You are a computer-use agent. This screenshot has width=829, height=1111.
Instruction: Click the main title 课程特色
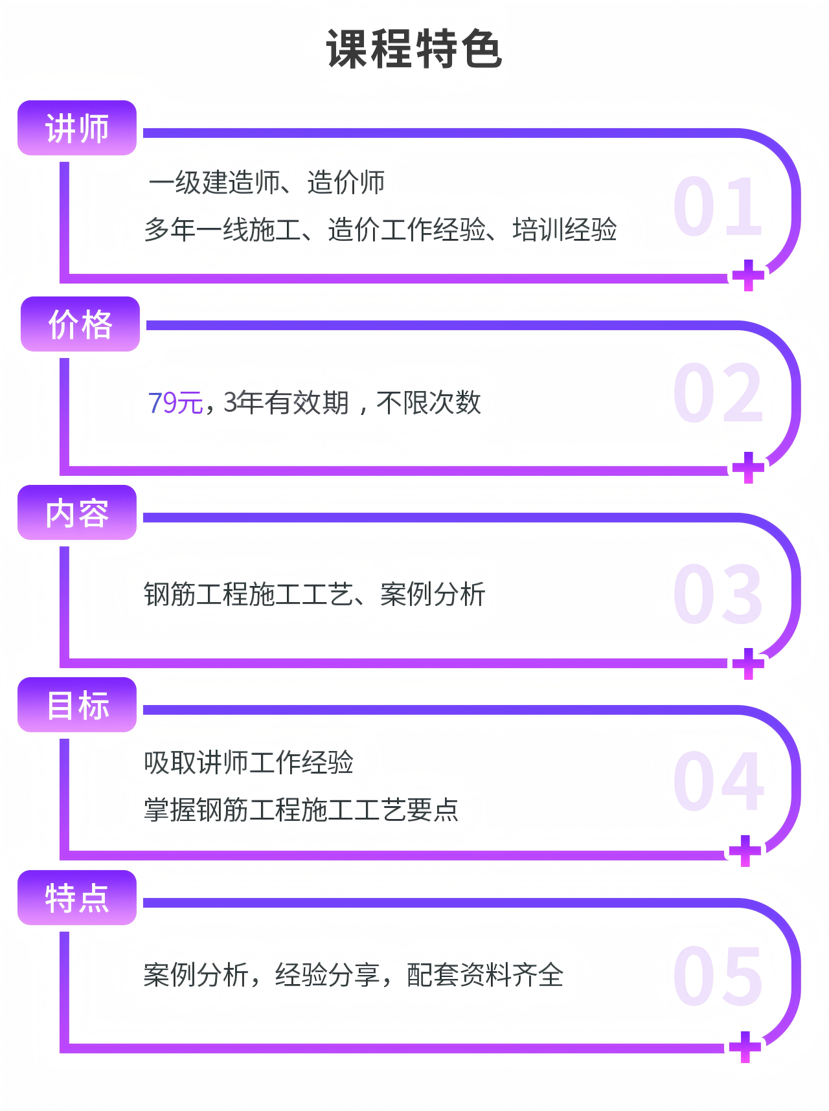(414, 49)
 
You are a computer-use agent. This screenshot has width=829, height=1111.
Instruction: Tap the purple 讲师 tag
(77, 128)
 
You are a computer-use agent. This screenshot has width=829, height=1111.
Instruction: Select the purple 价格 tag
(80, 324)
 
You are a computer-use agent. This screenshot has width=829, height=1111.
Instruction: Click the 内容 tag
(77, 513)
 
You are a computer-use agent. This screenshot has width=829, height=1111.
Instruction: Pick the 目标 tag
(77, 705)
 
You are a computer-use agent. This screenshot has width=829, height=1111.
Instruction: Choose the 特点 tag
(77, 898)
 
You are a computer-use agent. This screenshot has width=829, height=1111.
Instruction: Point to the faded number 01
(718, 207)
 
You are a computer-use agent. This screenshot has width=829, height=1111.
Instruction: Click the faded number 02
(718, 393)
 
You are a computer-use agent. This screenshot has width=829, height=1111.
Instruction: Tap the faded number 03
(718, 594)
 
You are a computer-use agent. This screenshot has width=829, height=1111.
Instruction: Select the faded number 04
(718, 781)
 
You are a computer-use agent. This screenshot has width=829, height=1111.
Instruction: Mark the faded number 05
(718, 975)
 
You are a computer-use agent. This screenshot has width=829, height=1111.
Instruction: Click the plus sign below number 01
(749, 275)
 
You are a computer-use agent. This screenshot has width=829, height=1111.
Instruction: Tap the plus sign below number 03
(749, 664)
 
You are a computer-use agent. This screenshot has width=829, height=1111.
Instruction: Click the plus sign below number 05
(745, 1047)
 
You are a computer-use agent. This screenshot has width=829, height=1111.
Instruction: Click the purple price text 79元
(176, 403)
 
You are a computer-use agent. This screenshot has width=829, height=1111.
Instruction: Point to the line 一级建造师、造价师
(267, 183)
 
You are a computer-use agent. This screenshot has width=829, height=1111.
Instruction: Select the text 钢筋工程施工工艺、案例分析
(314, 594)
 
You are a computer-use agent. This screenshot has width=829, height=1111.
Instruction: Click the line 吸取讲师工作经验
(249, 763)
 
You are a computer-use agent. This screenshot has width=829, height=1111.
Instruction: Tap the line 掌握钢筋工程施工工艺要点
(301, 810)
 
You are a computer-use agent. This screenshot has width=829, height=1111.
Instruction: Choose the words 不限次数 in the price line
(429, 403)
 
